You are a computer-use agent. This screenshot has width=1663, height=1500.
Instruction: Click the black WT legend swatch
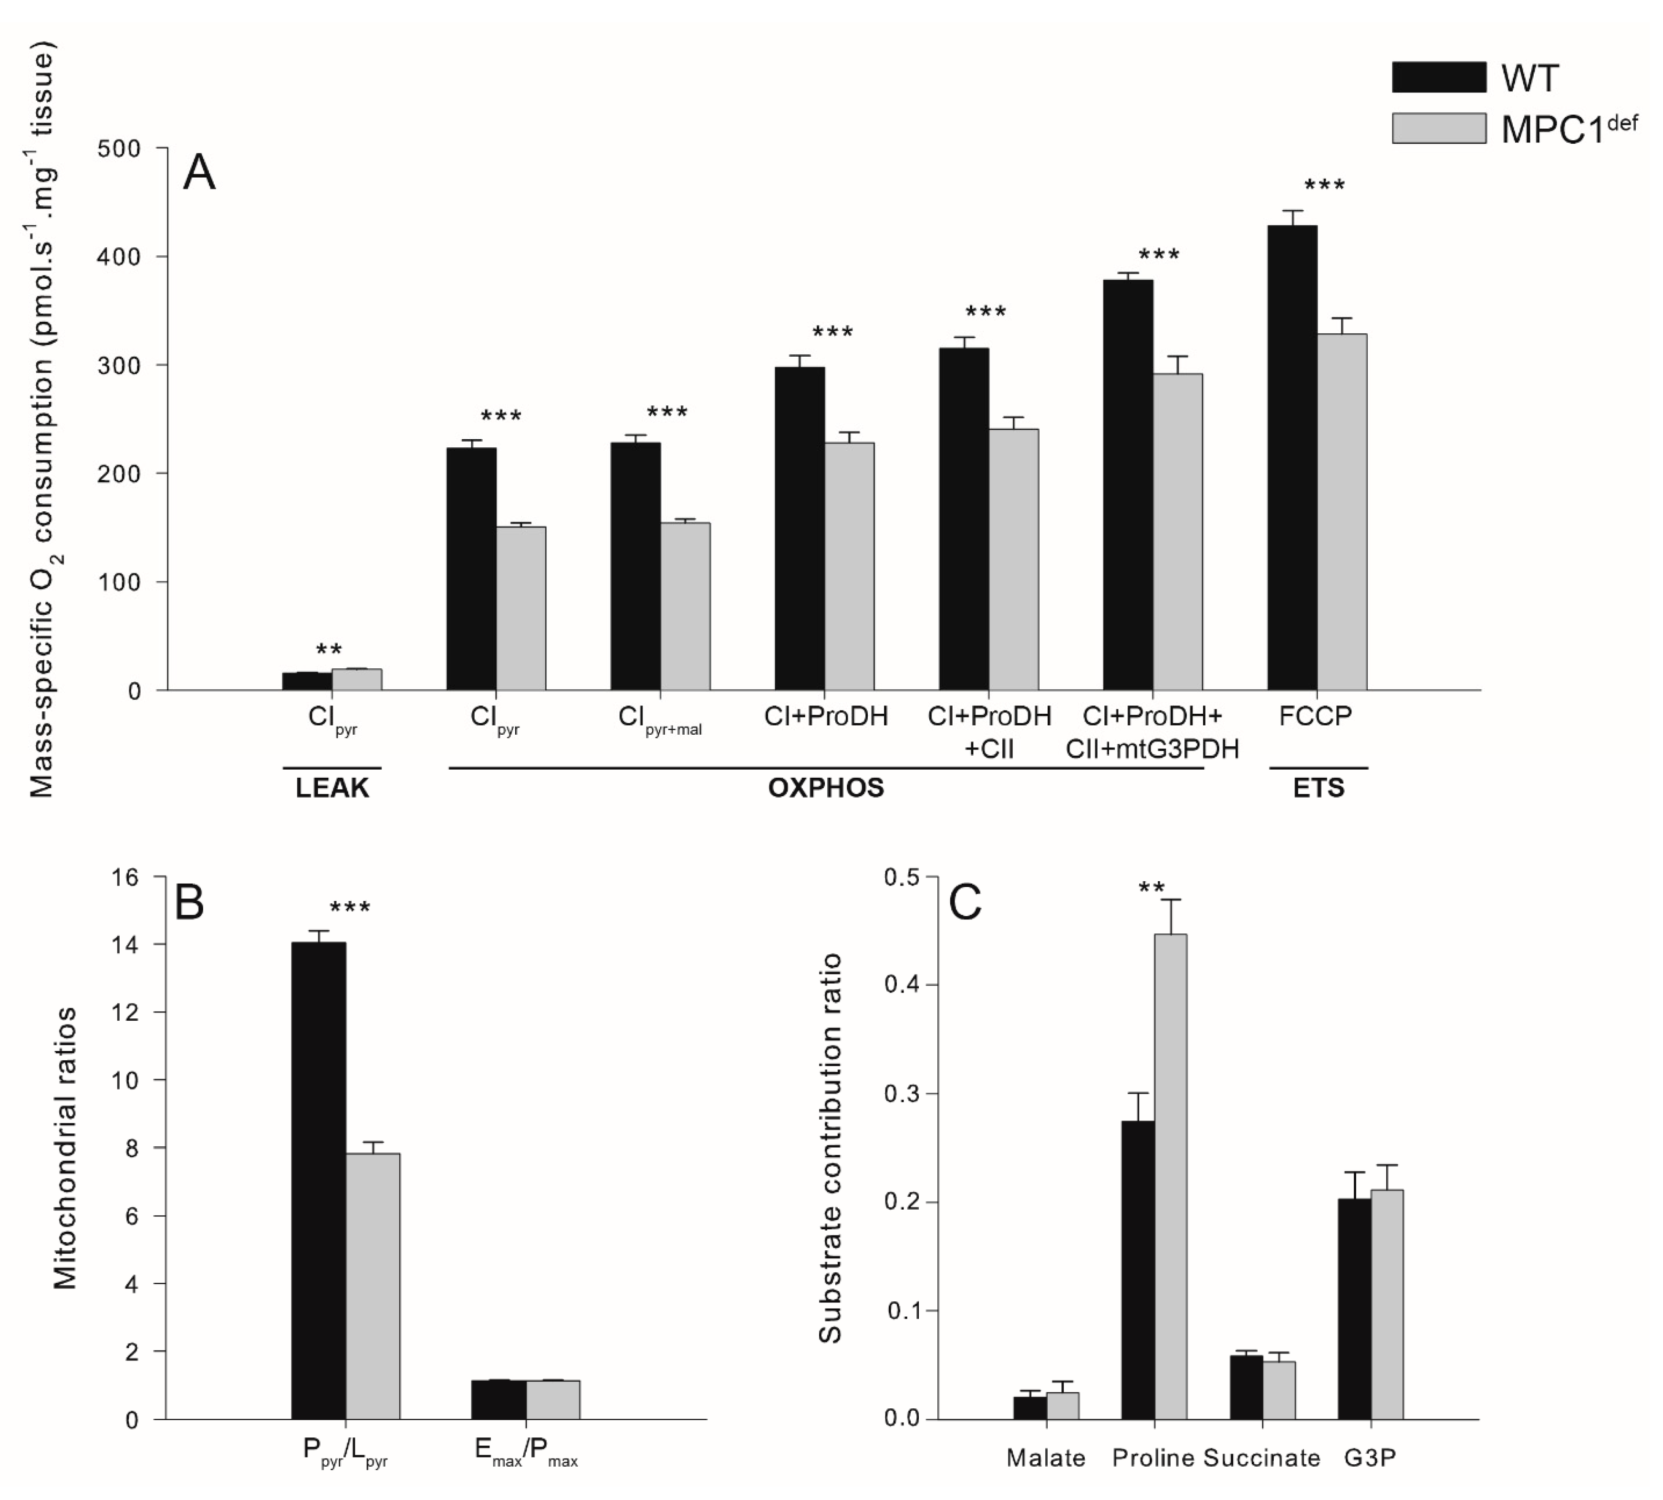click(x=1439, y=77)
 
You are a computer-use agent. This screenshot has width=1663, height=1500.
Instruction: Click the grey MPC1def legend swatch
click(x=1439, y=128)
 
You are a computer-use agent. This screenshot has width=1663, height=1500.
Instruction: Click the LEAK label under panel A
click(x=332, y=788)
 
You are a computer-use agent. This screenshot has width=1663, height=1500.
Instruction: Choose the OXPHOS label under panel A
click(x=825, y=788)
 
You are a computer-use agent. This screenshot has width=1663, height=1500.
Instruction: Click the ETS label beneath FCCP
click(x=1318, y=788)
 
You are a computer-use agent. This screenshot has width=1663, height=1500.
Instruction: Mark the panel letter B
click(x=189, y=902)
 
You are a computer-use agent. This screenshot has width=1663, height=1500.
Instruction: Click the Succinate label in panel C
click(x=1261, y=1458)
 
